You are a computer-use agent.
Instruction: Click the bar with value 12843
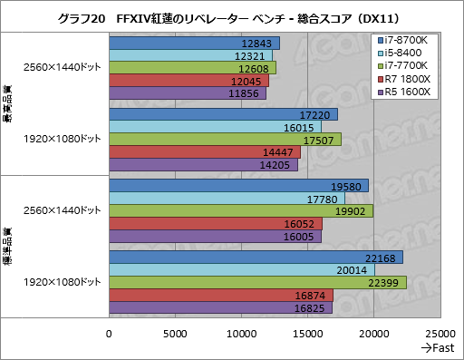[x=194, y=44]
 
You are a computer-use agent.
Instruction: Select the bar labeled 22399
[x=257, y=283]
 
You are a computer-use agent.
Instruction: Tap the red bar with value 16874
[x=221, y=295]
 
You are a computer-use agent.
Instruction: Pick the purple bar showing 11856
[x=188, y=92]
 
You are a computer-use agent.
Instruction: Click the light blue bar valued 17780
[x=227, y=199]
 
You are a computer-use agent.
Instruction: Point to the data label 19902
[x=348, y=211]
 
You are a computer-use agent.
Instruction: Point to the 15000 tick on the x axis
[x=308, y=334]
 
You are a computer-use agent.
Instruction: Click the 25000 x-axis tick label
[x=440, y=334]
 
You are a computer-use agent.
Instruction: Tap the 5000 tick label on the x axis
[x=176, y=334]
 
